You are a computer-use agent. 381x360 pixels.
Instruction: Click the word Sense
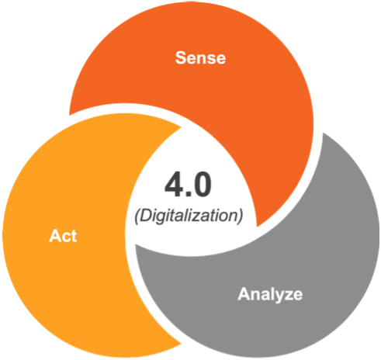point(200,57)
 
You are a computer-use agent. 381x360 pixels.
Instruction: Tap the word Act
point(63,236)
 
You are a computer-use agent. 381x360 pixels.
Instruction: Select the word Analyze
point(270,295)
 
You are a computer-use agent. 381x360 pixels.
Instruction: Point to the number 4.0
point(188,185)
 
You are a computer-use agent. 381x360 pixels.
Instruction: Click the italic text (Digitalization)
point(189,216)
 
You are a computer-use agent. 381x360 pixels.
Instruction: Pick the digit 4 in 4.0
point(174,185)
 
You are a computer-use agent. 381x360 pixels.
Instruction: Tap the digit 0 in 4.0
point(202,185)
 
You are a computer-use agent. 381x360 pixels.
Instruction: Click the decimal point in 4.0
point(188,194)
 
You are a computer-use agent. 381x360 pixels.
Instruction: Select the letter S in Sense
point(182,57)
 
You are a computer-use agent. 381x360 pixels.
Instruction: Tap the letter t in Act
point(74,237)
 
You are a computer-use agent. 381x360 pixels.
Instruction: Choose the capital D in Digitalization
point(145,215)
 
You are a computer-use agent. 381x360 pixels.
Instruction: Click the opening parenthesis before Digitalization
point(137,216)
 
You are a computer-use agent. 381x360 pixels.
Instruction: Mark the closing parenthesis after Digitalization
point(241,216)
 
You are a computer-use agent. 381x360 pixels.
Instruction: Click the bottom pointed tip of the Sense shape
point(257,227)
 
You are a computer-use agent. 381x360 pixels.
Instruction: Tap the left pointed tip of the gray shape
point(136,245)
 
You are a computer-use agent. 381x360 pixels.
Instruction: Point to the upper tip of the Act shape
point(181,127)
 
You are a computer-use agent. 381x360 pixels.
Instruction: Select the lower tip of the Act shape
point(182,344)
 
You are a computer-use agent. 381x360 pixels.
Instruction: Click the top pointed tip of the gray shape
point(323,133)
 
